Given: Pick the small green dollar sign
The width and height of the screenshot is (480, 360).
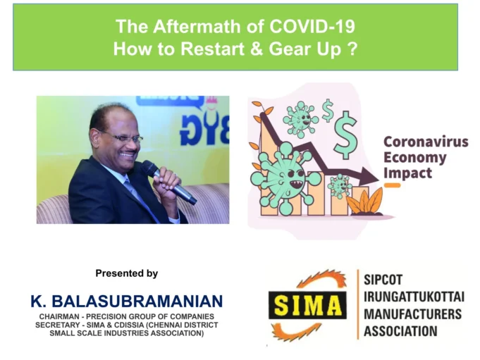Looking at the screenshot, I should (328, 110).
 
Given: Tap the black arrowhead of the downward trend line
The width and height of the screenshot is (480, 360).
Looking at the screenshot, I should (368, 175).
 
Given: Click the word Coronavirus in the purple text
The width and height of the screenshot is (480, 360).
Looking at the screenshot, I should (425, 142).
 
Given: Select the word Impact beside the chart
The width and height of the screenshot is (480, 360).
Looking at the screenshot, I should (407, 173).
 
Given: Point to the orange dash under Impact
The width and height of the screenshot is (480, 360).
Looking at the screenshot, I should (392, 186).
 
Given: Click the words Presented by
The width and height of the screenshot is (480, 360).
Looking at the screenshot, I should (126, 273).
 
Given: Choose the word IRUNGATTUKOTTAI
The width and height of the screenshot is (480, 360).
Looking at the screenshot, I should (414, 297).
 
